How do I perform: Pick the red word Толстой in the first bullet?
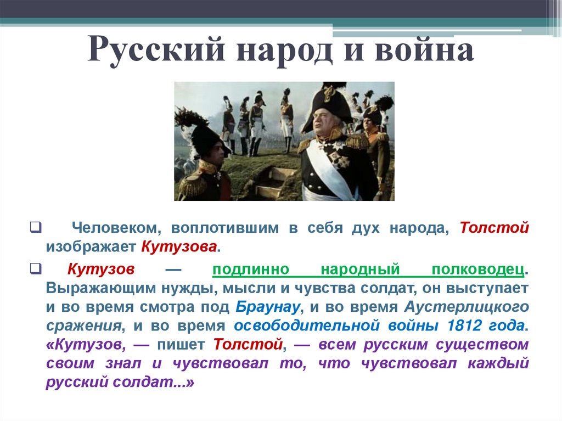494,228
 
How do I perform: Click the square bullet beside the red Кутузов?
35,268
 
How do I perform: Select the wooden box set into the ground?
272,183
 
